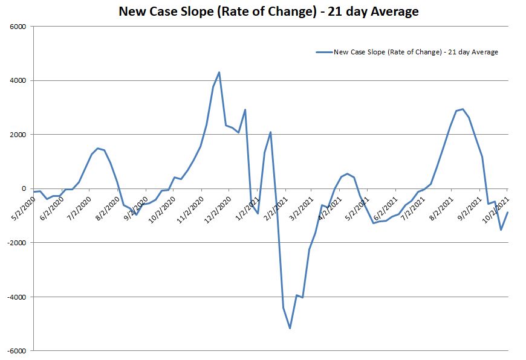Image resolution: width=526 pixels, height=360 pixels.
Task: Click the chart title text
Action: coord(268,11)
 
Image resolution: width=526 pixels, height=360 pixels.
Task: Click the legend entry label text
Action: coord(416,52)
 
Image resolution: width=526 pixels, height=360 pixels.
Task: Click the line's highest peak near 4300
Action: coord(219,72)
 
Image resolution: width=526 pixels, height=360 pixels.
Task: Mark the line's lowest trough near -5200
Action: coord(290,328)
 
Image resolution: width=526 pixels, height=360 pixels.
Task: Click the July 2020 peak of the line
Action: coord(98,148)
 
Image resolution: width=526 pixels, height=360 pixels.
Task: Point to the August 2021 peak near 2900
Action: coord(463,109)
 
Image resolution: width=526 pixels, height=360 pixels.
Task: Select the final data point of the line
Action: coord(507,212)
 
